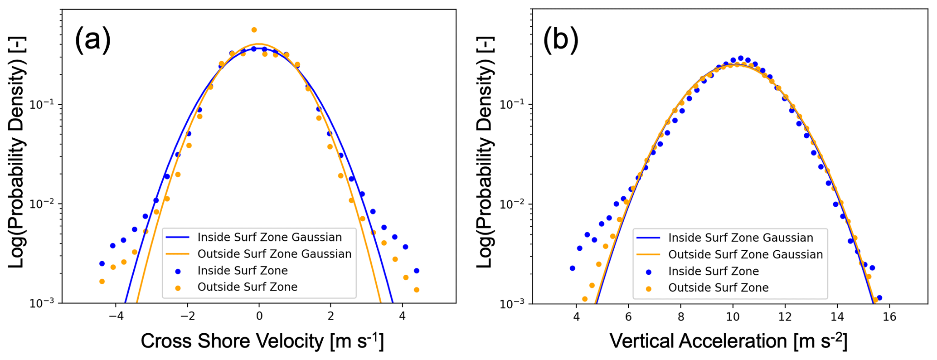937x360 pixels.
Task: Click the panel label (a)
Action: [92, 40]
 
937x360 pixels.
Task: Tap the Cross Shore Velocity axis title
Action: [262, 341]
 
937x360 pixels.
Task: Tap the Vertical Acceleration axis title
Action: [728, 341]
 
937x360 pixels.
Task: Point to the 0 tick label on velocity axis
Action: [259, 316]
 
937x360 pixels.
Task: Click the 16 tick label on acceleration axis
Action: [889, 316]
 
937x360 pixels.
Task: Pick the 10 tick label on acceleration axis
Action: [733, 316]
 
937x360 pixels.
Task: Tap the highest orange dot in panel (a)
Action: [254, 30]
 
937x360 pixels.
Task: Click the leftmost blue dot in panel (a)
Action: [102, 263]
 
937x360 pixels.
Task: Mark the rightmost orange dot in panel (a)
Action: [416, 290]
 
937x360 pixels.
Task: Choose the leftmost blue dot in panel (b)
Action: [573, 268]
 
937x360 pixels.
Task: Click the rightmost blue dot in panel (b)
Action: [879, 298]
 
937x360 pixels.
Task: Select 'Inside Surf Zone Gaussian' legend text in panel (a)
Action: [269, 237]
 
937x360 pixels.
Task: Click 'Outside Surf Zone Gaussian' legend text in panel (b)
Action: [745, 254]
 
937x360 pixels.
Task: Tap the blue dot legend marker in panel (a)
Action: [178, 271]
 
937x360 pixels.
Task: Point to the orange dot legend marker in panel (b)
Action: [649, 288]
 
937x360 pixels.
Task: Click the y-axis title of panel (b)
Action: [485, 152]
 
